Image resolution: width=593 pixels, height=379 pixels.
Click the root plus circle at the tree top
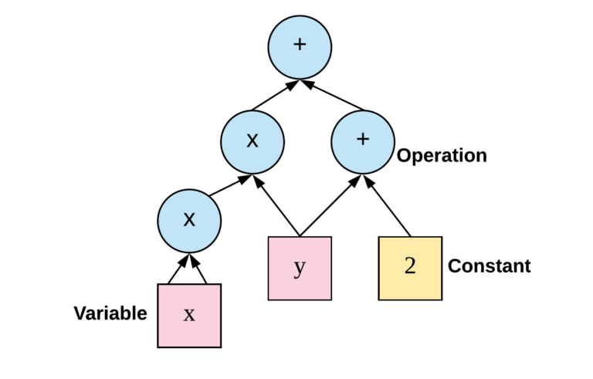coord(300,46)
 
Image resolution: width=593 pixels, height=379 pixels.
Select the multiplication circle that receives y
coord(252,141)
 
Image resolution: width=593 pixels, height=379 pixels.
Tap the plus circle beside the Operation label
coord(363,140)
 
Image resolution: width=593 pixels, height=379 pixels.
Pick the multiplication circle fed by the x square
coord(189,220)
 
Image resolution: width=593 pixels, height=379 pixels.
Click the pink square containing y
coord(300,268)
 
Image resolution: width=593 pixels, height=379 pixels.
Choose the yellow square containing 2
coord(410,268)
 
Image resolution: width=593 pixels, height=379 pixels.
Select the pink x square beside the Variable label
coord(189,315)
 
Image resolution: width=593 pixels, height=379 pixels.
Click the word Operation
coord(442,156)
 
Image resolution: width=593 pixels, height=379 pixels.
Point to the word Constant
coord(490,267)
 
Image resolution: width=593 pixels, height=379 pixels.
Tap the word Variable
coord(110,313)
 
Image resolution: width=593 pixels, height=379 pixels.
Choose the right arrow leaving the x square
coord(202,269)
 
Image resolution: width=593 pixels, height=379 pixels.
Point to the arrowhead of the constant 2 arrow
coord(369,182)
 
